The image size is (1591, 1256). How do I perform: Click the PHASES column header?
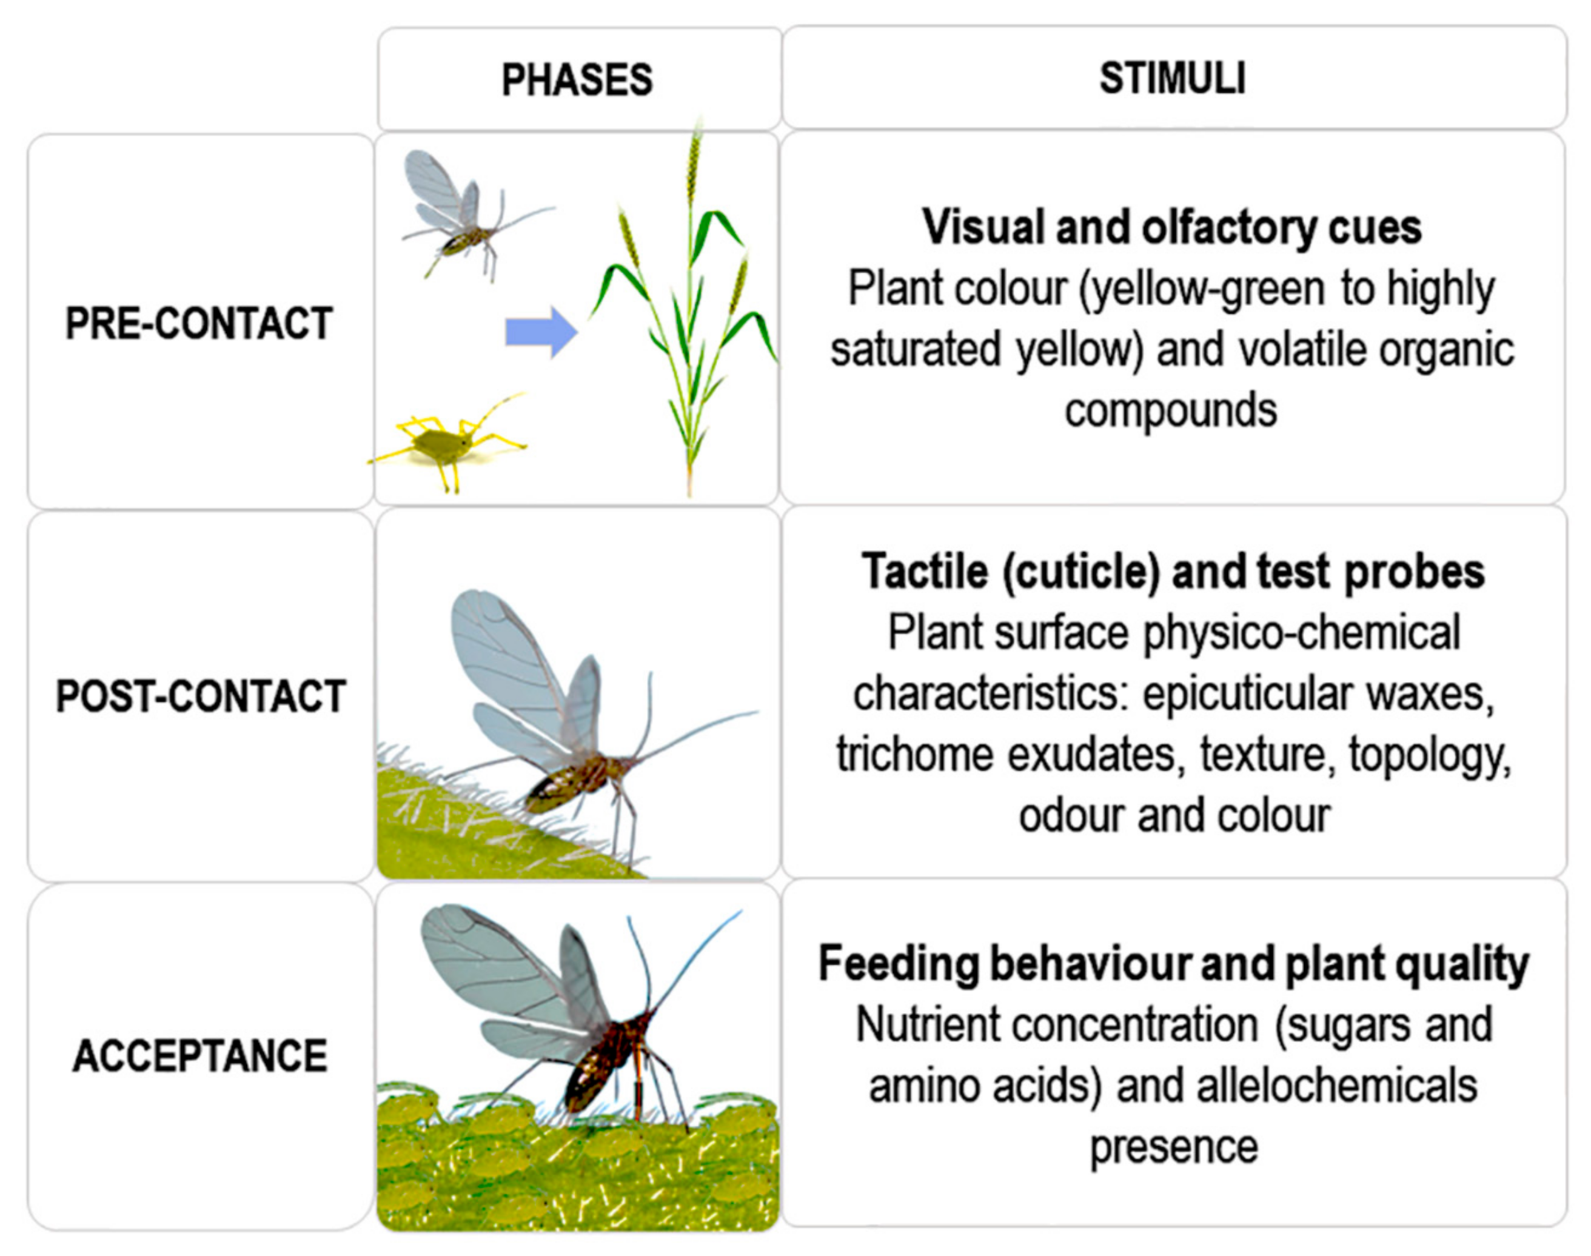click(x=577, y=79)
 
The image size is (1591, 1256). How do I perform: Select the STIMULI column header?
click(x=1173, y=78)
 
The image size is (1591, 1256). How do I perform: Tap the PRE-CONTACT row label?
click(x=199, y=323)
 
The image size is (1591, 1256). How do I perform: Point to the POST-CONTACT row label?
click(x=201, y=696)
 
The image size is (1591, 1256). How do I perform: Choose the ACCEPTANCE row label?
click(x=200, y=1056)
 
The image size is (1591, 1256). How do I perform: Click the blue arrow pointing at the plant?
click(x=541, y=332)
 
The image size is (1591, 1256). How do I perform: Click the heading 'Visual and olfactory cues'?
click(x=1172, y=227)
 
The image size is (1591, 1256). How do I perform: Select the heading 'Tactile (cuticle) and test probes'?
click(x=1173, y=572)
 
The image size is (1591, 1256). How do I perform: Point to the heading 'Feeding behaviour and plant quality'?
click(x=1174, y=963)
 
